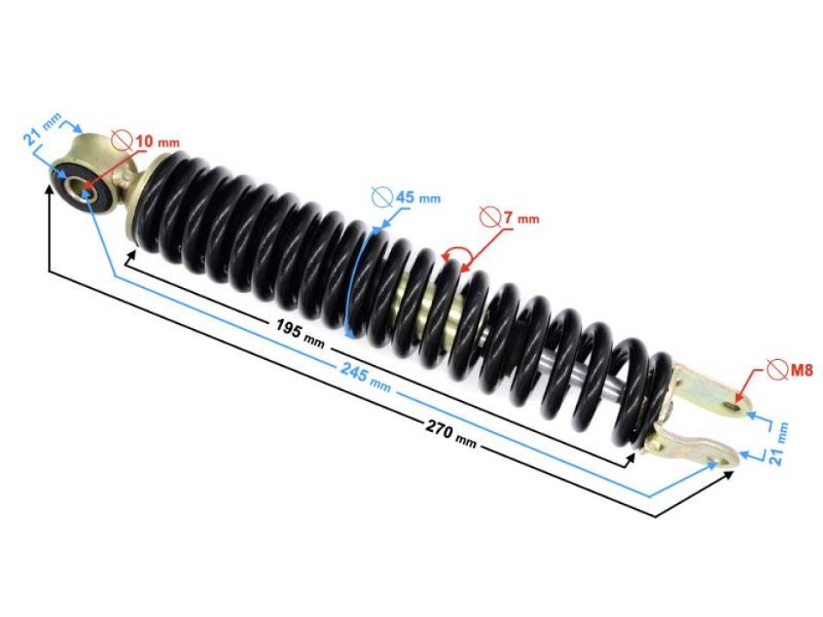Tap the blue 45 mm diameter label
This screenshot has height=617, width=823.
pyautogui.click(x=416, y=198)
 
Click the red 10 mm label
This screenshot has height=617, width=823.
pyautogui.click(x=156, y=141)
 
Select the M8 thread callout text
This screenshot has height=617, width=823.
pyautogui.click(x=800, y=370)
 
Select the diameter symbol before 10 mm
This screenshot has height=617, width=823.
pyautogui.click(x=121, y=141)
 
